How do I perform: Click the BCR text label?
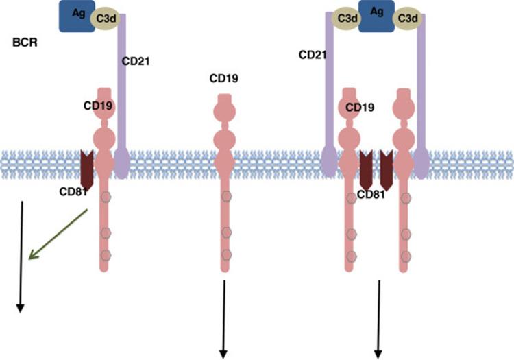[x=25, y=43]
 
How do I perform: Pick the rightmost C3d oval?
[x=407, y=21]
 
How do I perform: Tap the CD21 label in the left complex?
[x=136, y=61]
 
